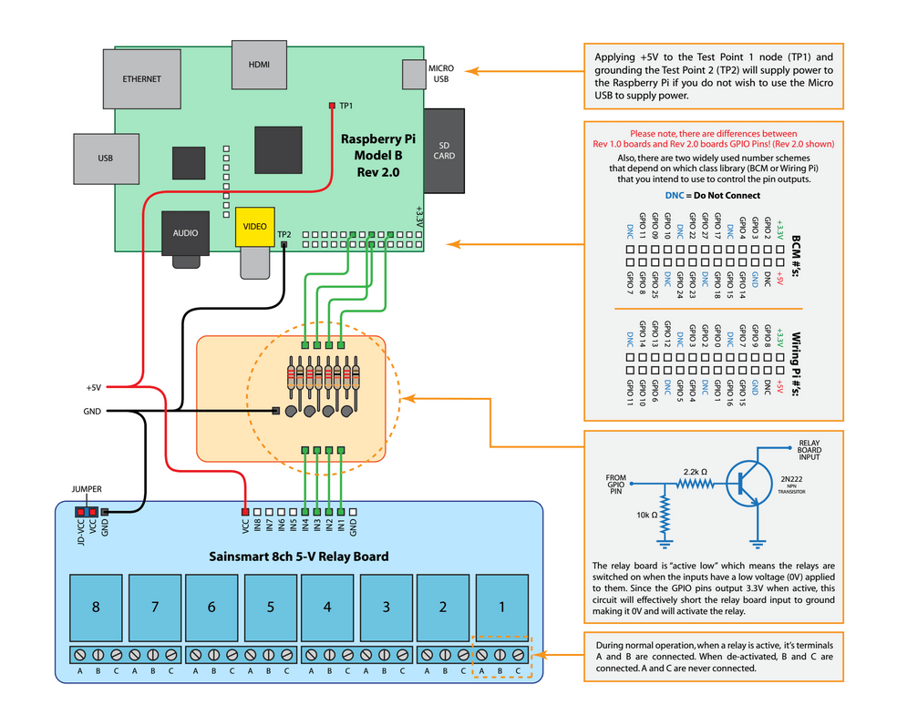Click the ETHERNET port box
[141, 79]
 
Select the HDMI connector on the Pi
[259, 66]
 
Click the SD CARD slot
[444, 150]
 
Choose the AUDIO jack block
[185, 233]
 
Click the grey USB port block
[106, 158]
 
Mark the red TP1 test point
[332, 106]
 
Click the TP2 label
[284, 234]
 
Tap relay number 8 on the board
[96, 606]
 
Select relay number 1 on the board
[500, 606]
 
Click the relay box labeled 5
[269, 606]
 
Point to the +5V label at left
[94, 387]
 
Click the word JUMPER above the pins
[87, 489]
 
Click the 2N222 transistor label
[792, 478]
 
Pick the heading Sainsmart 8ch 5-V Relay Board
[298, 557]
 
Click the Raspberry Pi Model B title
[377, 155]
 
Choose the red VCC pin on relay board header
[245, 513]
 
